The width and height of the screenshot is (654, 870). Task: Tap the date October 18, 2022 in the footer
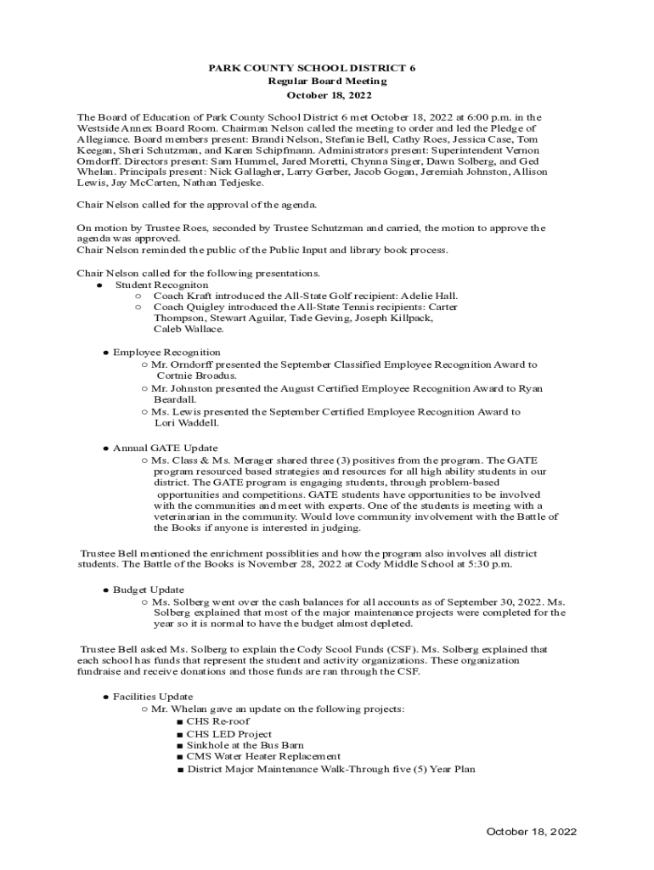531,832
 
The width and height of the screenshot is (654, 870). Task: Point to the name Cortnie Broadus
196,375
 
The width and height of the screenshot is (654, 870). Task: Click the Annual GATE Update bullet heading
165,448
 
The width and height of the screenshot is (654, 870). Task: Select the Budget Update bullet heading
149,590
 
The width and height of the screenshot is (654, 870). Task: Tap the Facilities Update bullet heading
153,697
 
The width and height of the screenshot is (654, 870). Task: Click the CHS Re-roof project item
218,721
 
